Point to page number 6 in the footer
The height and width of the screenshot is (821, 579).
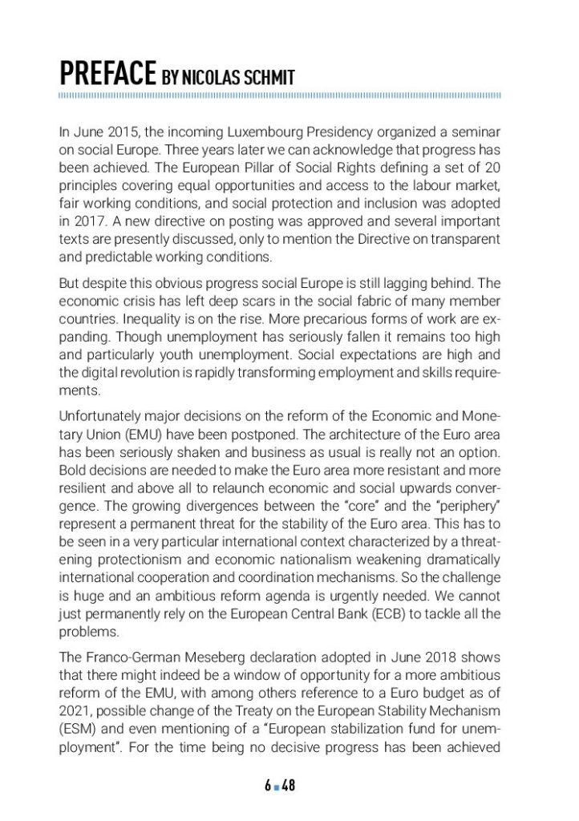point(268,786)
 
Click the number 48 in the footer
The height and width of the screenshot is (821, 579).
point(289,786)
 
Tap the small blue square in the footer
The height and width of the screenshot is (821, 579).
point(277,787)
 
